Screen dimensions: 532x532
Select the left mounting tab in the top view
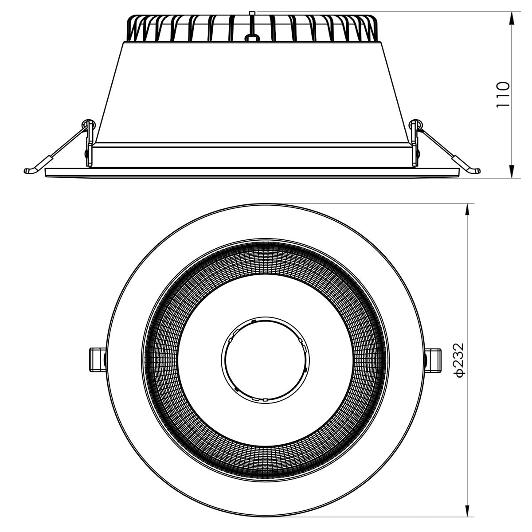coord(96,360)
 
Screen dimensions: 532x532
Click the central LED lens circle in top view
coord(265,359)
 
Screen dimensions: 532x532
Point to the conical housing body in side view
coord(251,89)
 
